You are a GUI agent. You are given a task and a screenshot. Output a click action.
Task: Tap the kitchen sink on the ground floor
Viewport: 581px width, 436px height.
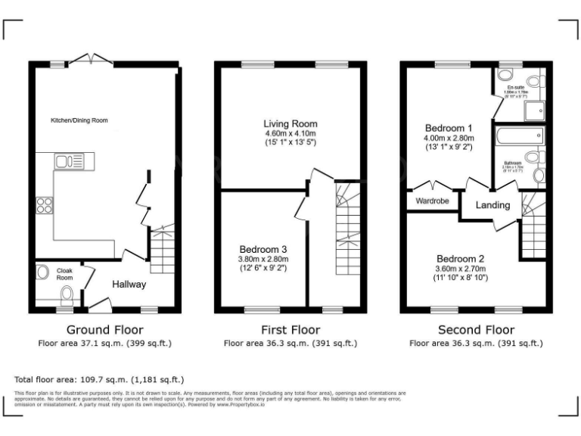tap(73, 161)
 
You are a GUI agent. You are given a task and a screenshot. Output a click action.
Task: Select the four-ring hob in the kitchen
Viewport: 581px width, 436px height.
tap(44, 205)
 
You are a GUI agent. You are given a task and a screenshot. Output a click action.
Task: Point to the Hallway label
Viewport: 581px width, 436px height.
tap(129, 285)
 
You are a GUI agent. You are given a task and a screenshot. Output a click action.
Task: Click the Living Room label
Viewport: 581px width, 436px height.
tap(290, 123)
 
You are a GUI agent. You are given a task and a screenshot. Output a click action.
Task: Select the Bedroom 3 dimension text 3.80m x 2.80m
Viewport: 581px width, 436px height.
tap(263, 258)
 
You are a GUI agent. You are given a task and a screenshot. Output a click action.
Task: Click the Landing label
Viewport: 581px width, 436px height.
tap(493, 205)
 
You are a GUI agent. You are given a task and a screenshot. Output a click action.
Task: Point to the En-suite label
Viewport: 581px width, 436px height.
tap(517, 88)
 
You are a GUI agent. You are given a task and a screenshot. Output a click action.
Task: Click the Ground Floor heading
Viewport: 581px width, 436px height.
tap(105, 330)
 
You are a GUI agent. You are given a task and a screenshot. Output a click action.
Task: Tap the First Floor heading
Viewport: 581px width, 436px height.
tap(290, 330)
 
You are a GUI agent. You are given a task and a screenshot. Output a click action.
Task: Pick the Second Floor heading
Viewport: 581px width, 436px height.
tap(477, 330)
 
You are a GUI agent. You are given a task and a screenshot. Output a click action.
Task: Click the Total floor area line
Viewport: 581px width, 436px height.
tap(99, 379)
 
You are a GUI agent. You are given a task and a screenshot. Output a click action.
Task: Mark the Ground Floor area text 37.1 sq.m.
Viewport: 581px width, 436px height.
tap(105, 344)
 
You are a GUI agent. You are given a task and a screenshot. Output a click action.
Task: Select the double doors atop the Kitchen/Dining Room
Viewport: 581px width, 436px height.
tap(91, 58)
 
